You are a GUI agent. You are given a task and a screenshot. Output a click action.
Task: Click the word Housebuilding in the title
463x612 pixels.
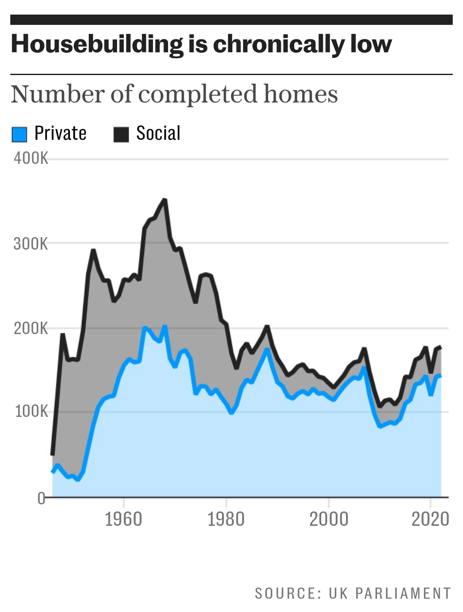click(x=97, y=45)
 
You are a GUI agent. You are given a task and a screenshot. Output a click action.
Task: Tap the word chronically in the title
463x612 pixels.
click(x=279, y=45)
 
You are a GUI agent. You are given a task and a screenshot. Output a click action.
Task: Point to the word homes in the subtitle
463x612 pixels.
click(x=301, y=94)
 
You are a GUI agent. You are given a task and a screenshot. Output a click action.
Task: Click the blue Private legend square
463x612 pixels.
click(x=19, y=134)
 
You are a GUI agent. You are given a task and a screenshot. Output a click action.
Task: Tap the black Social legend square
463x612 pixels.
click(x=121, y=134)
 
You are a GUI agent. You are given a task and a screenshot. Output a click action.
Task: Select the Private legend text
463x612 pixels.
click(x=60, y=133)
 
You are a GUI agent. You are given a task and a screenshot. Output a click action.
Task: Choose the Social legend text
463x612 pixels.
click(x=158, y=133)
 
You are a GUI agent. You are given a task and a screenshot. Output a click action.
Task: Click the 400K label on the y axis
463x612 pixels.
click(x=31, y=158)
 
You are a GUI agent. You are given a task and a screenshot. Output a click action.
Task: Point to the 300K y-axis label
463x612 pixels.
click(x=31, y=244)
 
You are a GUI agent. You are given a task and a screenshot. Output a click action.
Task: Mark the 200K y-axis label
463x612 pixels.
click(x=31, y=329)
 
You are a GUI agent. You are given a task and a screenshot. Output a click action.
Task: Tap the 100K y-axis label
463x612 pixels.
click(x=32, y=412)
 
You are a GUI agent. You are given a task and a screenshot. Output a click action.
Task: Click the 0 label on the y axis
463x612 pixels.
click(x=41, y=498)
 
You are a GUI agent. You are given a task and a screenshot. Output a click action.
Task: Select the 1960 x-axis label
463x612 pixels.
click(x=123, y=519)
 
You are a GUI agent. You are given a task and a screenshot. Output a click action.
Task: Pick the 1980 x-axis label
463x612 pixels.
click(x=226, y=519)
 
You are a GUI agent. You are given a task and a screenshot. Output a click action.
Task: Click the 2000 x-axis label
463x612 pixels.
click(x=329, y=519)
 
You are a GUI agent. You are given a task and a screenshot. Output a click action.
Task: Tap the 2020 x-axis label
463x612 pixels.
click(x=430, y=519)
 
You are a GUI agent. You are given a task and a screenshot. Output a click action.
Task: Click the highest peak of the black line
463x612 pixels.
click(x=165, y=199)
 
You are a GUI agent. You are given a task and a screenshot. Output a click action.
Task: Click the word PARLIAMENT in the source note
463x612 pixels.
click(x=403, y=593)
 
